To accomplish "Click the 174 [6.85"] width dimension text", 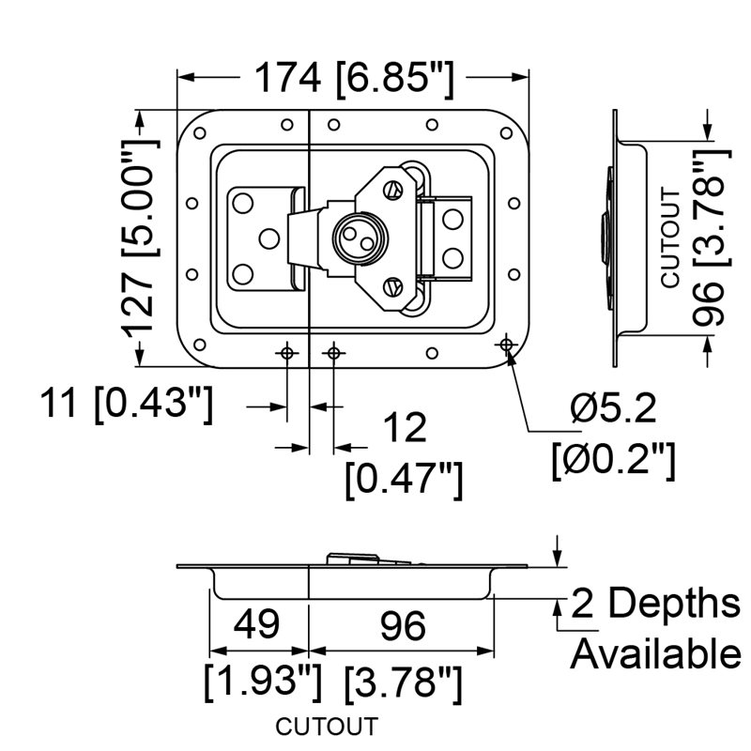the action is (x=354, y=80).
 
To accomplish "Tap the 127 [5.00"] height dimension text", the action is (x=139, y=239).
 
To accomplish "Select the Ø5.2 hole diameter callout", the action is (x=614, y=409).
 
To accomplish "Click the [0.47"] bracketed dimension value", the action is (x=404, y=480).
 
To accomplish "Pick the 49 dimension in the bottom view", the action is (x=256, y=624).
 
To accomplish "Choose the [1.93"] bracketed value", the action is (x=263, y=682).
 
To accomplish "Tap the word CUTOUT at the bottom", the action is (x=327, y=726).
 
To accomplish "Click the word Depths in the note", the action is (x=674, y=604).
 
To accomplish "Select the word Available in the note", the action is (x=656, y=653).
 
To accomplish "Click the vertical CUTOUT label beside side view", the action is (x=670, y=238).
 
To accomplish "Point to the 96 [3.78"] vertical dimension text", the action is (x=710, y=238).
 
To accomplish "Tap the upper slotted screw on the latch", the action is (x=391, y=191).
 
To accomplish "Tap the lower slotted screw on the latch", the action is (x=391, y=287).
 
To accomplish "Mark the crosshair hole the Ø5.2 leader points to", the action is (x=506, y=344).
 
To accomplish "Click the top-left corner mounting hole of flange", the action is (x=199, y=133).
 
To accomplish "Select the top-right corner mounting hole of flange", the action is (x=506, y=133).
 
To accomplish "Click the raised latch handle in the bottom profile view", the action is (x=368, y=559).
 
